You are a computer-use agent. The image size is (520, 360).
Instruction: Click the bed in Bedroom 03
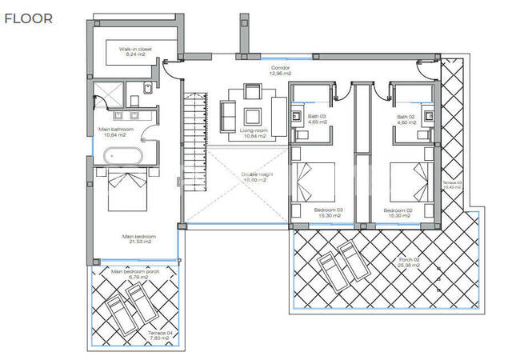[x=316, y=181]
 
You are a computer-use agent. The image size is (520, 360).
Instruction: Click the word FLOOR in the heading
[x=29, y=18]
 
